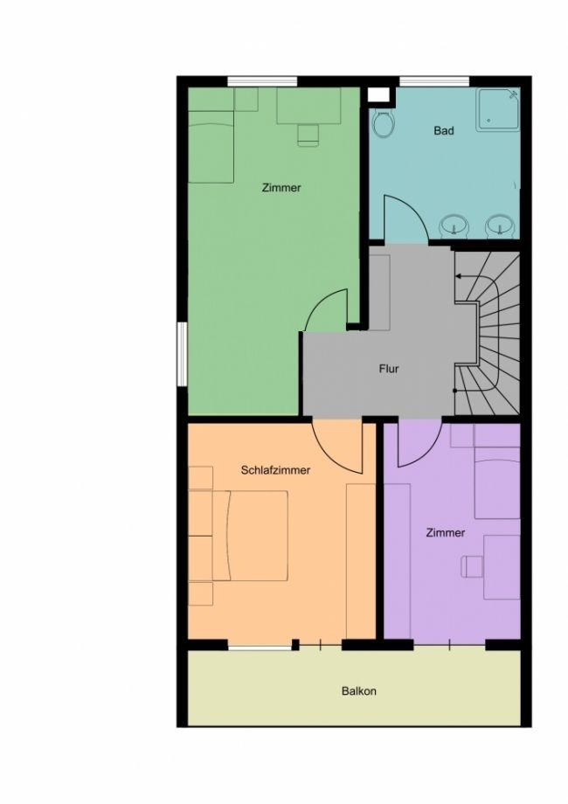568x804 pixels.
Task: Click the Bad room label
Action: [443, 131]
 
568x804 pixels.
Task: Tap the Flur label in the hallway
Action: [389, 369]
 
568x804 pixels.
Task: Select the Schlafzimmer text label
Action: [275, 470]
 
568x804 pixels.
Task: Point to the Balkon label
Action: [359, 690]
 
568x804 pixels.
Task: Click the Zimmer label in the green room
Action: [281, 188]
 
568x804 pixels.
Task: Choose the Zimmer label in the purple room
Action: [446, 533]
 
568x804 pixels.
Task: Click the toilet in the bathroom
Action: [383, 123]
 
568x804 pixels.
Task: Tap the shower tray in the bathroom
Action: [498, 110]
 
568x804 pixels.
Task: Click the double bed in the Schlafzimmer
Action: [250, 536]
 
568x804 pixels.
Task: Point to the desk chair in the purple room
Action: [472, 566]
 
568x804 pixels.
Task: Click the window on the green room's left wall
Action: [182, 353]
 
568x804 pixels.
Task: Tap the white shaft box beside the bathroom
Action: [379, 95]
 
